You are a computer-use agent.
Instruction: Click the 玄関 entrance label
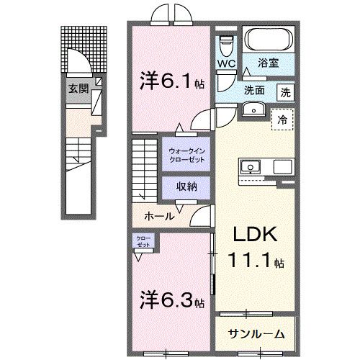[78, 89]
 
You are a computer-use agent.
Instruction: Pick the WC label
[227, 64]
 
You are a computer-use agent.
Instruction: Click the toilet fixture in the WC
[226, 45]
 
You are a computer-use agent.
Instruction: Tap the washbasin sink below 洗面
[253, 109]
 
